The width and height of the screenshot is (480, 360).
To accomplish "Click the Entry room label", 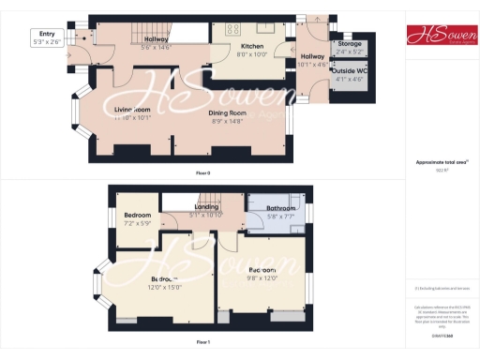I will [x=44, y=34].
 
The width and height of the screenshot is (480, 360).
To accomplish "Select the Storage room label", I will [x=350, y=43].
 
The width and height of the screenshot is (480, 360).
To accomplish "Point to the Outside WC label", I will [x=351, y=69].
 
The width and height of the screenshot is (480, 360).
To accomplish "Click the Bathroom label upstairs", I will [x=281, y=208].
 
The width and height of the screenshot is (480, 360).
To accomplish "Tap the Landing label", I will [x=206, y=207].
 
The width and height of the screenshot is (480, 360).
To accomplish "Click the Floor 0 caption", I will [x=202, y=173].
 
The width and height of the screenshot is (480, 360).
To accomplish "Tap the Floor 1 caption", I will [x=202, y=342].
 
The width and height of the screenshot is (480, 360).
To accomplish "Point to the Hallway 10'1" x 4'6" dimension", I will [x=311, y=65].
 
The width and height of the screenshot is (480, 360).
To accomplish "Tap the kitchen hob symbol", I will [x=232, y=27].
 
